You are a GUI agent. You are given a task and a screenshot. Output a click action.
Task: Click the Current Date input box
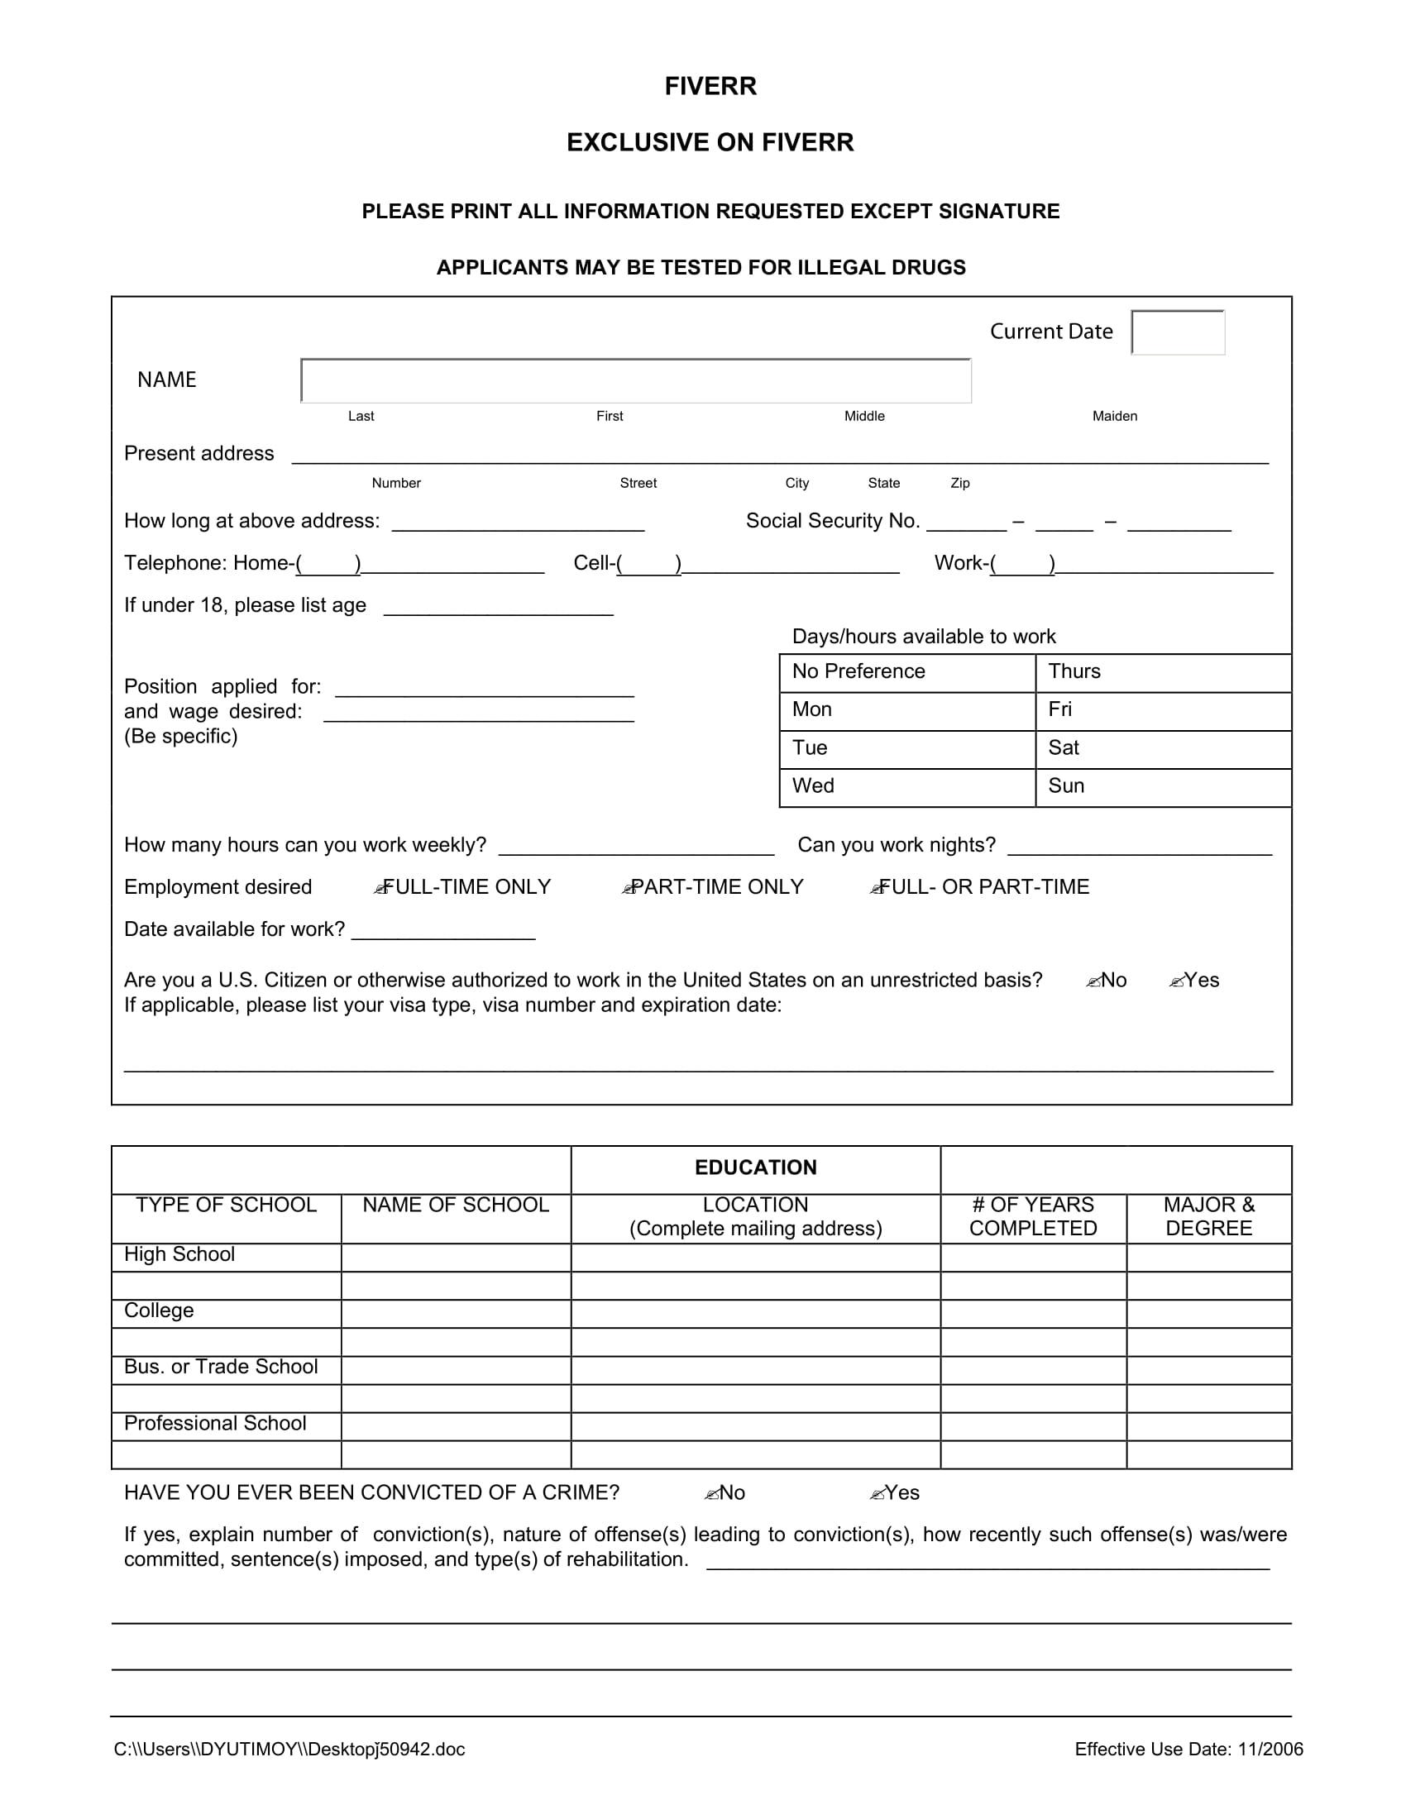(x=1177, y=332)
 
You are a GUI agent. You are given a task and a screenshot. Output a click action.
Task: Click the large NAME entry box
(x=635, y=381)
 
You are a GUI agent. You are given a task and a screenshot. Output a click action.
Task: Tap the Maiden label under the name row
(x=1114, y=417)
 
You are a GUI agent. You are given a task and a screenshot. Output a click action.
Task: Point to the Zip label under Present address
(x=959, y=483)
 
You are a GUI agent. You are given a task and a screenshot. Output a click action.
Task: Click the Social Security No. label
(x=832, y=522)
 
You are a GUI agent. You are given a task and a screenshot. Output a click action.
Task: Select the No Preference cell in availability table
(x=906, y=672)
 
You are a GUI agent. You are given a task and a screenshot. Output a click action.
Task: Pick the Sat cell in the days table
(x=1162, y=749)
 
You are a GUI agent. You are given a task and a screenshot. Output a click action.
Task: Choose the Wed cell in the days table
(x=906, y=787)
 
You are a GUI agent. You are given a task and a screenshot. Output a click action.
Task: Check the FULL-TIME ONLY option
(x=382, y=889)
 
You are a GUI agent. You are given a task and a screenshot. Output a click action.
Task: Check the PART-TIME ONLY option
(x=630, y=889)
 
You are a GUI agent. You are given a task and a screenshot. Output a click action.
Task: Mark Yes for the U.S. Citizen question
(x=1177, y=982)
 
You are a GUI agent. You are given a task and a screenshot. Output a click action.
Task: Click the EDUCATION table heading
(x=754, y=1167)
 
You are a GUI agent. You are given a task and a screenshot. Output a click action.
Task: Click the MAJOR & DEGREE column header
(x=1208, y=1217)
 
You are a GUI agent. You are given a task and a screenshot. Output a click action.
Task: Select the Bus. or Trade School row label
(x=221, y=1368)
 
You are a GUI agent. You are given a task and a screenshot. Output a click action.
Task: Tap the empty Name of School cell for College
(x=456, y=1313)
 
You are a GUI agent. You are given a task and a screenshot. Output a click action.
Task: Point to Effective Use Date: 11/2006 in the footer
(x=1188, y=1750)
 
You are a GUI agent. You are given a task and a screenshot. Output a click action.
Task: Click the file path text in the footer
(x=289, y=1750)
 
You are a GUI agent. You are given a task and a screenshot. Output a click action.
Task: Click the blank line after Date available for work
(x=443, y=931)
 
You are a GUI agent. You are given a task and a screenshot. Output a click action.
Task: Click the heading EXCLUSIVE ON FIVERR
(x=710, y=142)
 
